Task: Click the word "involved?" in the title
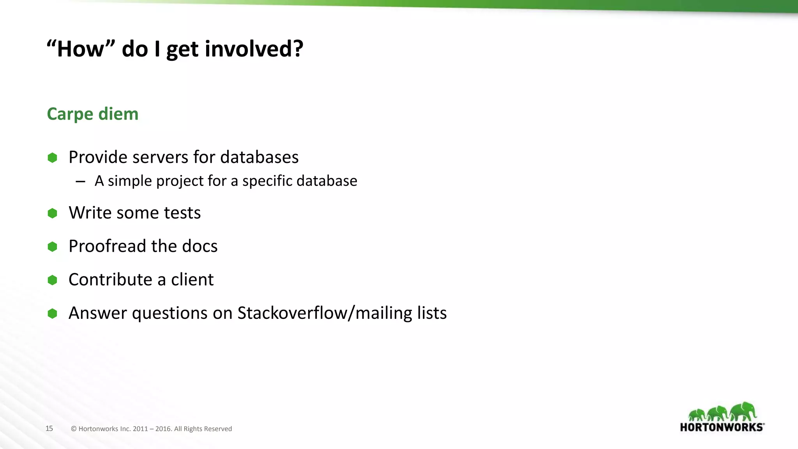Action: click(254, 49)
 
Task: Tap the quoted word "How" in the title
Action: click(81, 49)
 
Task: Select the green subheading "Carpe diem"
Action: click(92, 114)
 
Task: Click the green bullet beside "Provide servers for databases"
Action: click(52, 157)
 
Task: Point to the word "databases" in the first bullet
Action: click(259, 157)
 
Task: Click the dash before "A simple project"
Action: click(81, 181)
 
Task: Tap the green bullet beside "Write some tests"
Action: click(52, 213)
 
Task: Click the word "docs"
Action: click(199, 246)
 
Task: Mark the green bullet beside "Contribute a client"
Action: click(52, 280)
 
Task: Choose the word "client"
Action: click(192, 279)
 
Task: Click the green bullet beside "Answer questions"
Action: click(52, 313)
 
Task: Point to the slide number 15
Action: click(49, 428)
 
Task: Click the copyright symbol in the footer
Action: click(74, 429)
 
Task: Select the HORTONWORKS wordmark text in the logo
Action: click(722, 427)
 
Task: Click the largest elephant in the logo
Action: click(743, 411)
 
